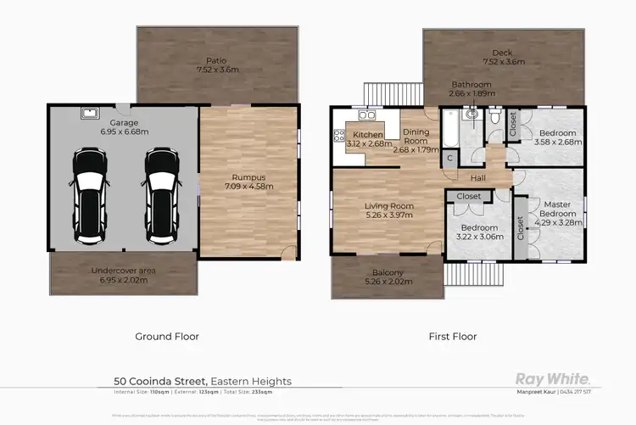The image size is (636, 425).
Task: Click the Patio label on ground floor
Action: click(x=216, y=60)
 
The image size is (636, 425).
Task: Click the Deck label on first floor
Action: click(x=504, y=53)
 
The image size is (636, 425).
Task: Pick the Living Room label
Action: click(x=388, y=205)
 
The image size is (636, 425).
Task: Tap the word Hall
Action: click(x=479, y=178)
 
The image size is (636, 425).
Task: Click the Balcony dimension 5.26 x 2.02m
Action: click(x=385, y=282)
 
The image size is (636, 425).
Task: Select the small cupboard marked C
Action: click(x=449, y=157)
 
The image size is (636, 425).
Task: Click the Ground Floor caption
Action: click(x=167, y=337)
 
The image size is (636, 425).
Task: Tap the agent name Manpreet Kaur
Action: click(x=538, y=392)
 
